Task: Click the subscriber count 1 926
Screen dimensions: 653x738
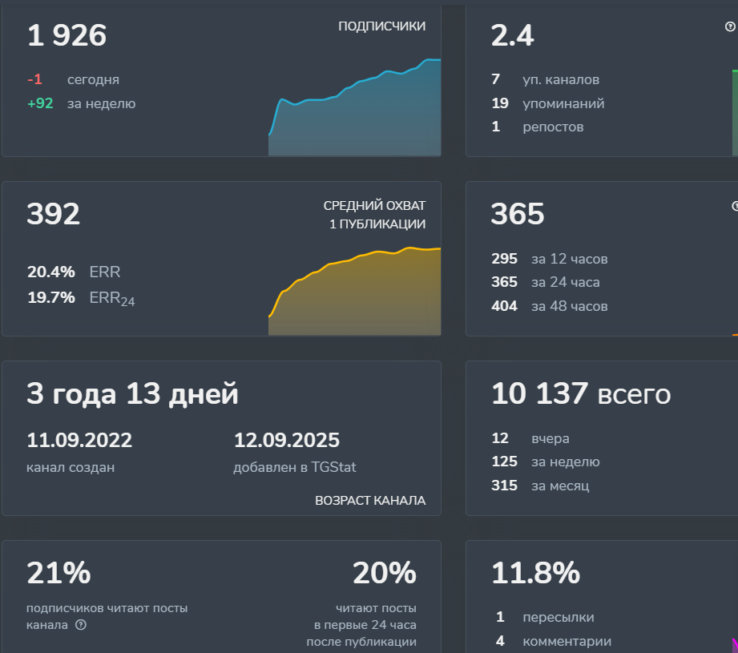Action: pos(67,36)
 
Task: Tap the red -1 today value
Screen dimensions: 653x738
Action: pos(34,80)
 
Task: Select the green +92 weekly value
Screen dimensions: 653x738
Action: pos(40,103)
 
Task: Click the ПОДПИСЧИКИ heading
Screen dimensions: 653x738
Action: pos(381,26)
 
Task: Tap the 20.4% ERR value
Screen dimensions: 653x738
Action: pos(51,272)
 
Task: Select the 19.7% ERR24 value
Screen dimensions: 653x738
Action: pos(51,298)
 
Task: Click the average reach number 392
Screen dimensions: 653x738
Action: pos(54,215)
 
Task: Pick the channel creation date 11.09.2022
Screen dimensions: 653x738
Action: pos(79,441)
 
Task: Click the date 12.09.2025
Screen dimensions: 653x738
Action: pos(286,441)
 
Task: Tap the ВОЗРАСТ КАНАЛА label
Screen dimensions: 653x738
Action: pos(370,501)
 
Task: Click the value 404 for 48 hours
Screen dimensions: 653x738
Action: pos(504,306)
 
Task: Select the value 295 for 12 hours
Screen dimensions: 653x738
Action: pos(504,259)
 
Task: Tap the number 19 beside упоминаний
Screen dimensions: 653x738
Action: pos(500,103)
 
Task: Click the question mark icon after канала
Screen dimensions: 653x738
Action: pos(80,625)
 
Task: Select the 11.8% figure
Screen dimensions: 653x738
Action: pos(535,574)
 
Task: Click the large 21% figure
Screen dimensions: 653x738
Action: pos(58,574)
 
